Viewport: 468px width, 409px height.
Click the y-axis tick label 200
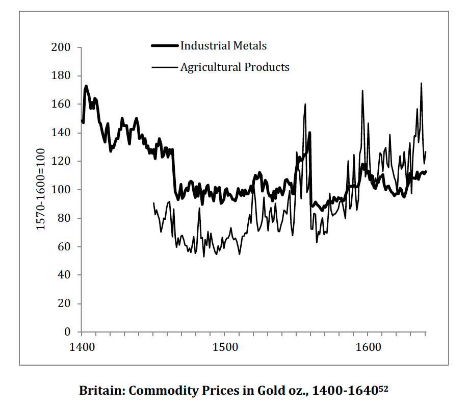(x=61, y=48)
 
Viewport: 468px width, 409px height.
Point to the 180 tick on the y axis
(x=61, y=76)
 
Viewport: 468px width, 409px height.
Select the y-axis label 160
(x=61, y=105)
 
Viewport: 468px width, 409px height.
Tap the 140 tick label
(x=61, y=133)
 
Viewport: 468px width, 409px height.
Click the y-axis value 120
(x=61, y=162)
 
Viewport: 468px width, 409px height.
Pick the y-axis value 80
(x=64, y=218)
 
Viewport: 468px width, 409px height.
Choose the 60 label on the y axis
(x=64, y=247)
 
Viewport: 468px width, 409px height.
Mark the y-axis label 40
(x=64, y=275)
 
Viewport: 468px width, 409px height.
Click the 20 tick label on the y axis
(x=64, y=304)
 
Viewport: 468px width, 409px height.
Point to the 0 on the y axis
(x=67, y=333)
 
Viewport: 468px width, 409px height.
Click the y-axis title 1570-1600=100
(x=40, y=189)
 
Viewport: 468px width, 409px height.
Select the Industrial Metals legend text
(x=223, y=46)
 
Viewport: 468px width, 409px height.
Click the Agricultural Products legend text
(x=235, y=67)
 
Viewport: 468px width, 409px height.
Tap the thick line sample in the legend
(x=165, y=46)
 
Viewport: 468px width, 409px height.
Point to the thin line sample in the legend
(x=165, y=67)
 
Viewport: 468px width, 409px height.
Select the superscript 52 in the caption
(x=383, y=389)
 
